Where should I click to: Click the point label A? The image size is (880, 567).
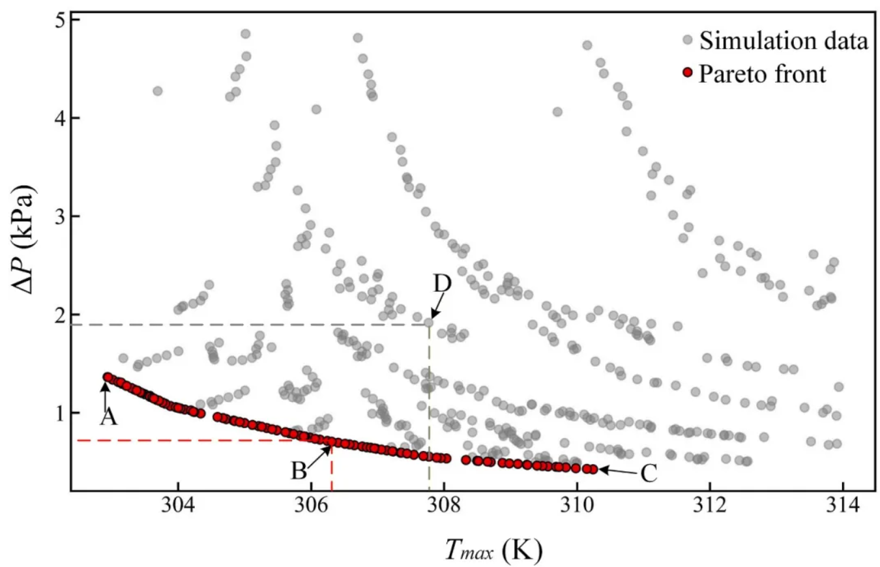(108, 417)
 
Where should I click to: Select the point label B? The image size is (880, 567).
(299, 471)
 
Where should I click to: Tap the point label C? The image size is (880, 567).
(648, 474)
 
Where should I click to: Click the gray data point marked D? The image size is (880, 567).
(429, 322)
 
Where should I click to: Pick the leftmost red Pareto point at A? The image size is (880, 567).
(108, 377)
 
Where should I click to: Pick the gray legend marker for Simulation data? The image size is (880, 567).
(687, 40)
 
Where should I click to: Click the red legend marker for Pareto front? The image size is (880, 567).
(687, 73)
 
